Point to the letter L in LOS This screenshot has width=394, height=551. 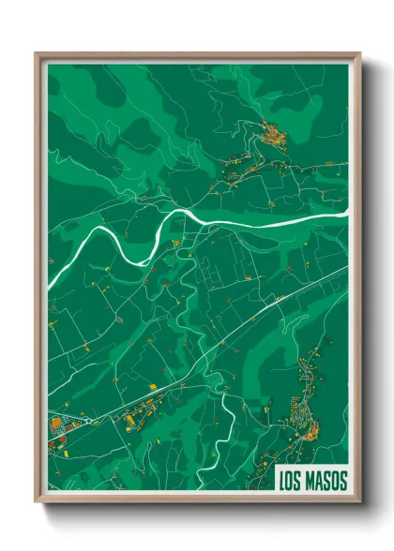tap(283, 482)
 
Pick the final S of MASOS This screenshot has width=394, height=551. tap(342, 482)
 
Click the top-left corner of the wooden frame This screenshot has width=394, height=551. tap(37, 53)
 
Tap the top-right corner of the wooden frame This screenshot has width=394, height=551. tap(359, 53)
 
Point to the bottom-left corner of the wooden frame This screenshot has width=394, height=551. tap(37, 505)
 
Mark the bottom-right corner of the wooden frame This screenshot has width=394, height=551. tap(359, 505)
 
